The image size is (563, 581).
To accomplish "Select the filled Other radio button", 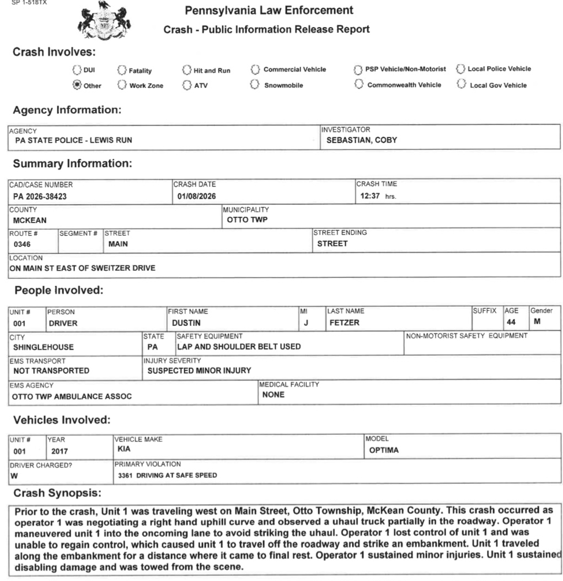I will coord(77,85).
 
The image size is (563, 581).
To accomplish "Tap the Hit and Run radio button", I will coord(186,70).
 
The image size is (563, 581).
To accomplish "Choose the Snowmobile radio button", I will coord(254,84).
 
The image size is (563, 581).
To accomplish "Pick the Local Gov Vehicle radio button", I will coord(461,84).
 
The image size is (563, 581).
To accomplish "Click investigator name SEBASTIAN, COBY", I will coord(361,140).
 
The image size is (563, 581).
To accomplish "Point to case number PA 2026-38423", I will coord(40,196).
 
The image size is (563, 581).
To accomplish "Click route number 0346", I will coord(22,244).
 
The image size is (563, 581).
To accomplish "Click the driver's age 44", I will coord(511,322).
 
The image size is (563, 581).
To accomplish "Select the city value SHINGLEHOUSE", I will coord(43,347).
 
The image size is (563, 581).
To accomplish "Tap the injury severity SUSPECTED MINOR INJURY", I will coord(199,371).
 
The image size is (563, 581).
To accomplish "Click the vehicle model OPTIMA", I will coord(384,450).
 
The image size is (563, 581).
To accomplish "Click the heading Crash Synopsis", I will coord(57,492).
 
